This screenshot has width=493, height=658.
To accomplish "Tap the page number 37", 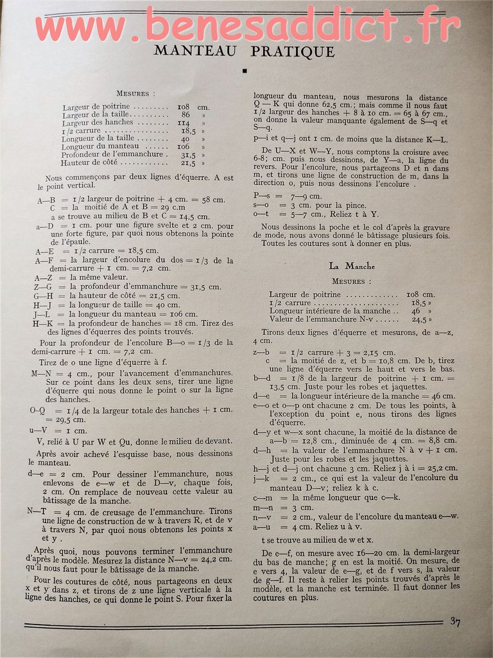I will [454, 621].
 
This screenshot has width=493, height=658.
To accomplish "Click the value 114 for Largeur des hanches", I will [184, 122].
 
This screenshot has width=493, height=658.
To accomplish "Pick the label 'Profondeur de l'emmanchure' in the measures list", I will [112, 154].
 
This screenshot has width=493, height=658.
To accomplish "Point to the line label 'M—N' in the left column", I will [41, 373].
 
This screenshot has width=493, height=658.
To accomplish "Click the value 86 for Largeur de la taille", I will [186, 114].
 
